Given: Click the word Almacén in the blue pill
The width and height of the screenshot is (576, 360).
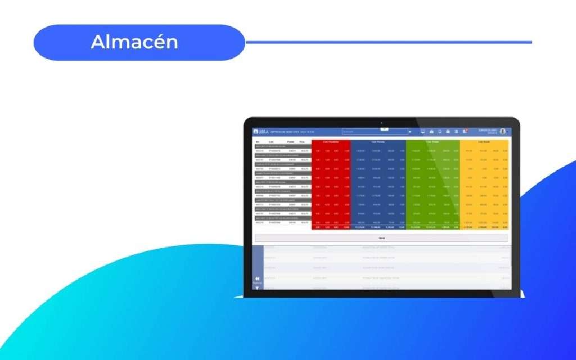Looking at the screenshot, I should (x=134, y=42).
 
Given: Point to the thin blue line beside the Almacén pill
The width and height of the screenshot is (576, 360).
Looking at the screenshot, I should (x=388, y=42).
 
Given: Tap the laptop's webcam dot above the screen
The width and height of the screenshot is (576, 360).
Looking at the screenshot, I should (x=381, y=122).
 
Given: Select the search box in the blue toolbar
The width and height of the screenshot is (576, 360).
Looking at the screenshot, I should (x=375, y=132).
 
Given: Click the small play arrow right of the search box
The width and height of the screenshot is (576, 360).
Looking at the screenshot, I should (x=411, y=132).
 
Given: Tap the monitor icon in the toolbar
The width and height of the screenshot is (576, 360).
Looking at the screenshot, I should (x=422, y=132).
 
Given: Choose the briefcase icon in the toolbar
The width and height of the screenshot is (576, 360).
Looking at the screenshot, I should (x=431, y=132).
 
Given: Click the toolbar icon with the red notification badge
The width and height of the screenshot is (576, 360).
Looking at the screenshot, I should (x=465, y=132).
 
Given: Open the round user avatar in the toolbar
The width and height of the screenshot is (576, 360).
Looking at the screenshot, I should (x=502, y=132).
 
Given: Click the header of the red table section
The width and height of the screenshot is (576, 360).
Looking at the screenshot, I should (x=331, y=142).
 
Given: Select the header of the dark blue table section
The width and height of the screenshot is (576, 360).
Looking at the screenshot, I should (x=377, y=142).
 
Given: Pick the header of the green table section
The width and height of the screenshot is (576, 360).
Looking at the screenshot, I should (x=432, y=142).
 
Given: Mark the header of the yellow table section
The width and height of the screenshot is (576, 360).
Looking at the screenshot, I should (x=484, y=142).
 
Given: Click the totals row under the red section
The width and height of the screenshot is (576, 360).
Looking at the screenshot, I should (x=331, y=227).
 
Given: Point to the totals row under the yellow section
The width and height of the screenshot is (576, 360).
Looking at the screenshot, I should (x=484, y=227).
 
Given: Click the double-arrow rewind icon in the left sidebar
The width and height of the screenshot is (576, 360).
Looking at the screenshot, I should (x=257, y=278).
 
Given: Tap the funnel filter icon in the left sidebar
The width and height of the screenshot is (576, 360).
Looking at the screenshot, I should (x=257, y=288).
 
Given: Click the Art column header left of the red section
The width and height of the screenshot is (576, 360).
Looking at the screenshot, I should (x=258, y=142).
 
